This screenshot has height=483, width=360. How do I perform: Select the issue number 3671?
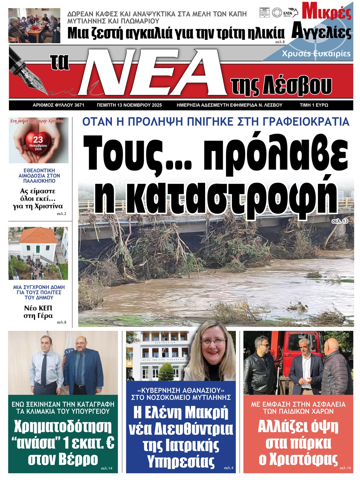point(79,105)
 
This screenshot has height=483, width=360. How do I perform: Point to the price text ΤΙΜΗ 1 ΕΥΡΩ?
point(314,105)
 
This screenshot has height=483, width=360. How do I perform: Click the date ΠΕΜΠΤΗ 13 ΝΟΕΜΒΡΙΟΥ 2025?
point(129,105)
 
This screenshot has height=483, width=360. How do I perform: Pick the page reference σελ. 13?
point(340,221)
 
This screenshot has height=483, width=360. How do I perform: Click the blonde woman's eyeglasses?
point(213,341)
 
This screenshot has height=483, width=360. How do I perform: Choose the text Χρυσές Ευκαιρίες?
point(316,54)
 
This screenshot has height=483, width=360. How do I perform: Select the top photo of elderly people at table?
point(34,26)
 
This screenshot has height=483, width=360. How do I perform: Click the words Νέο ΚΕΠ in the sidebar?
point(38,308)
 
